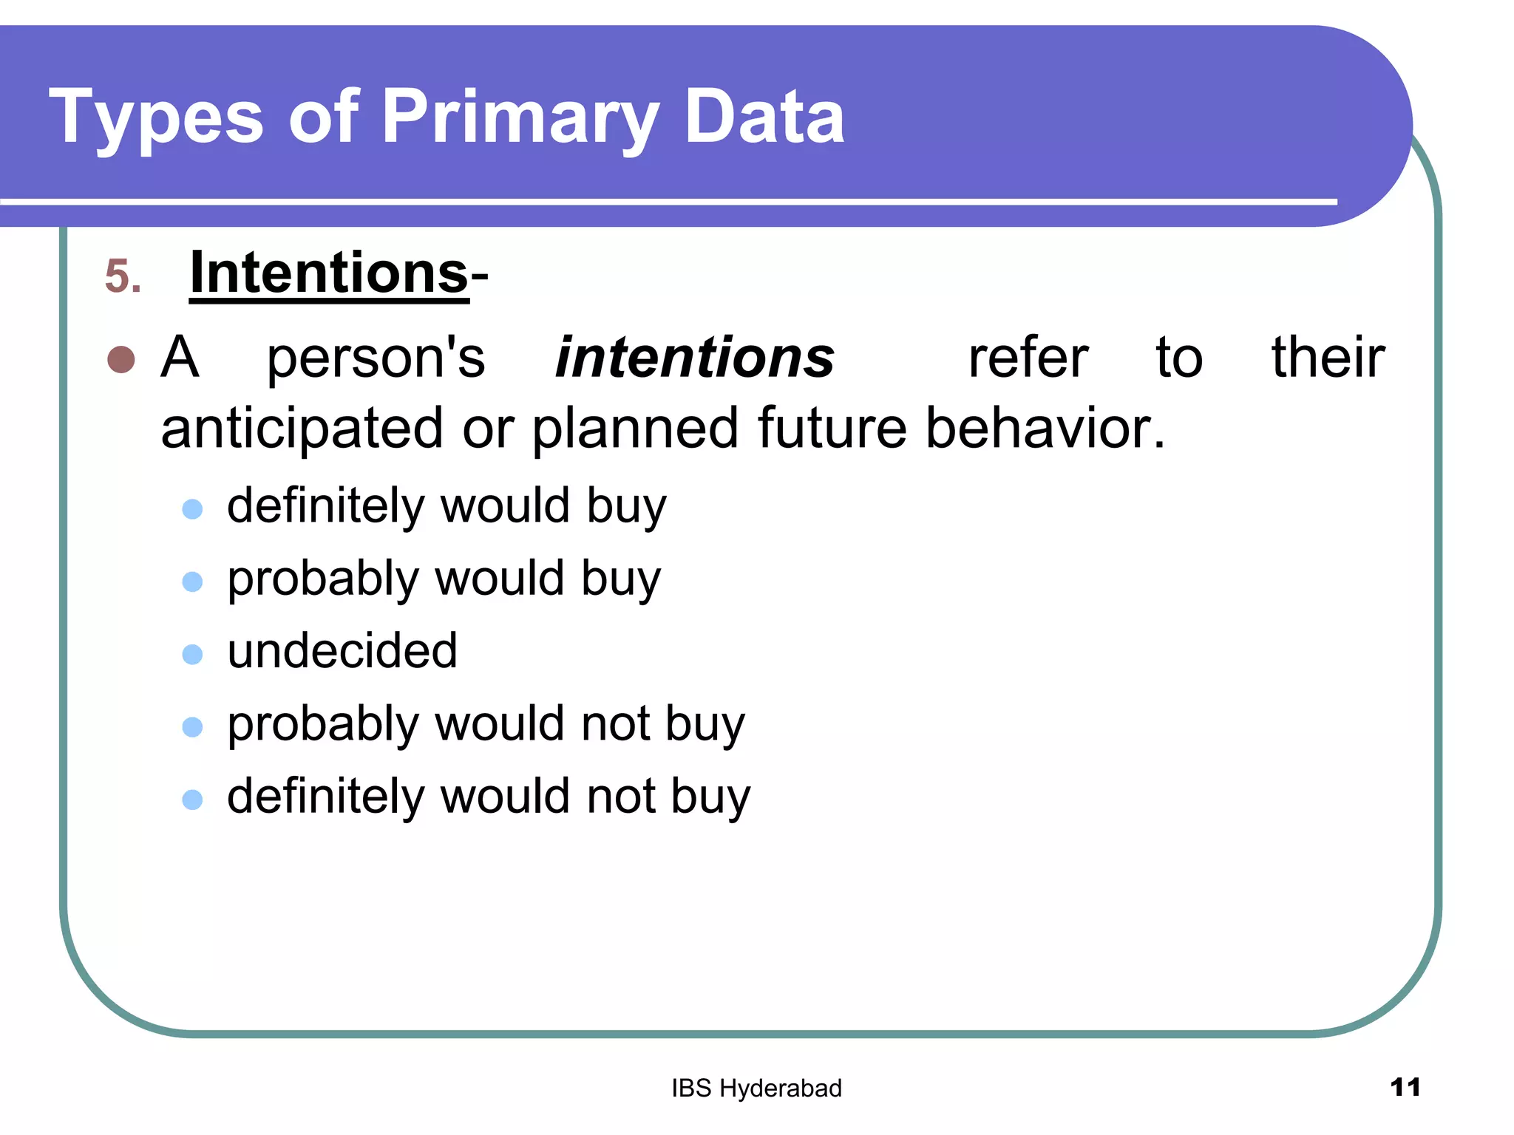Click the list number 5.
[x=122, y=277]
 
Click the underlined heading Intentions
[x=329, y=273]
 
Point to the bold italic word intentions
[x=695, y=358]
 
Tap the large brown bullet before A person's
[x=121, y=360]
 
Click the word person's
[x=376, y=358]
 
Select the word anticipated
[x=302, y=429]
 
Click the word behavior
[x=1045, y=429]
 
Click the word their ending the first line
[x=1328, y=358]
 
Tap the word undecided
[x=342, y=652]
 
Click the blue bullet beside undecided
[x=192, y=655]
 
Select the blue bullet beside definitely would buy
[x=192, y=509]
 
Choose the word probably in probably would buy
[x=323, y=579]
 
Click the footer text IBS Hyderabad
[x=756, y=1088]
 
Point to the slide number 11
[x=1405, y=1088]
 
